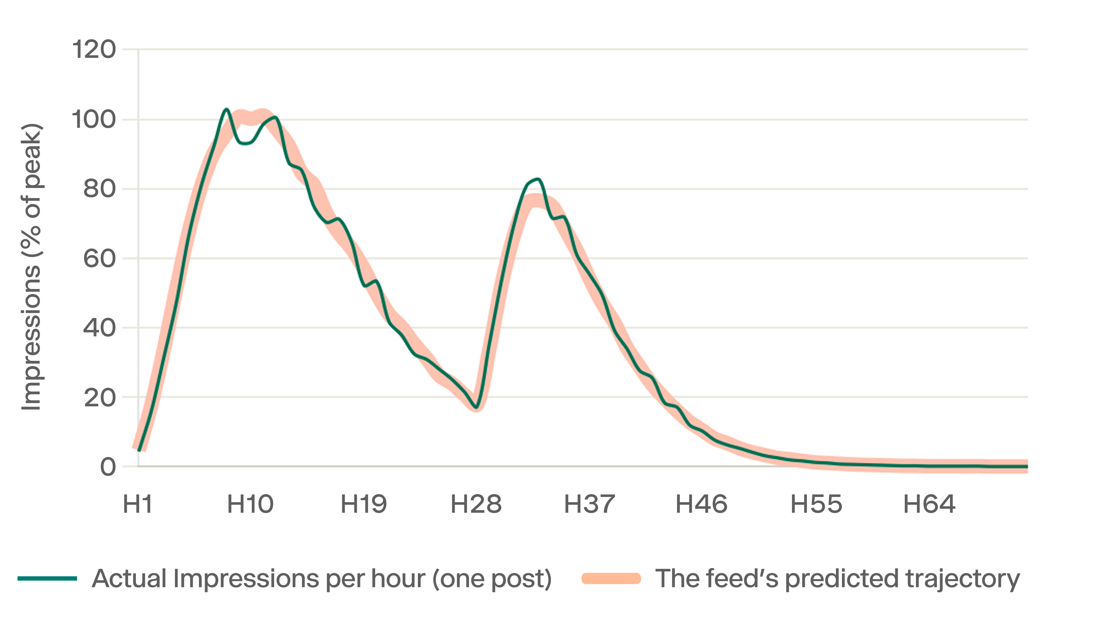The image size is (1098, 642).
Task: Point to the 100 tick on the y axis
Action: tap(94, 119)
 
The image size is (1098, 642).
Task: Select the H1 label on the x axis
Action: tap(138, 504)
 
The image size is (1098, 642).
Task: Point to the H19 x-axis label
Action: tap(364, 504)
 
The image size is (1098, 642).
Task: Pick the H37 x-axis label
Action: tap(589, 504)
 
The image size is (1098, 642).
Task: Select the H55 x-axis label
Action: tap(816, 504)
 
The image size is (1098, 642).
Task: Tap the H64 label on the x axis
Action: tap(929, 504)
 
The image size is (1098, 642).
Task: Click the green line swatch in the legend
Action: tap(47, 578)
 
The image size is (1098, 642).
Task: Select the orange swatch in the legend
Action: tap(611, 578)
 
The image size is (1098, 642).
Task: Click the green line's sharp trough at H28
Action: tap(477, 408)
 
